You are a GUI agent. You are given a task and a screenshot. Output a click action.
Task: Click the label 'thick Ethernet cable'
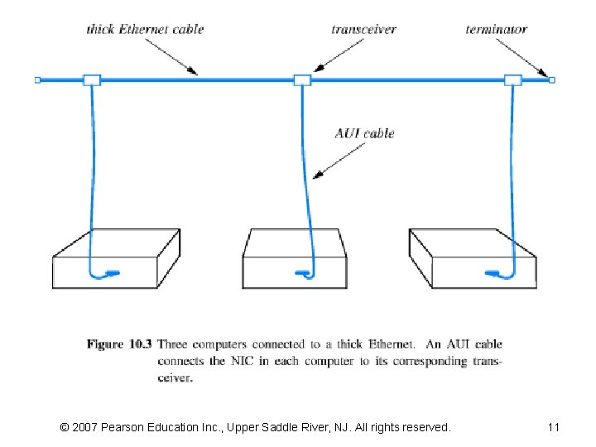pos(145,30)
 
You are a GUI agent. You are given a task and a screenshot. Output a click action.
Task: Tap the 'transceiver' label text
pos(363,30)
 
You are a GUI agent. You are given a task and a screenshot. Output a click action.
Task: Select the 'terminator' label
pos(496,30)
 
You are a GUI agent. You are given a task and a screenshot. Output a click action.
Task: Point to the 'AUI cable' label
pos(364,133)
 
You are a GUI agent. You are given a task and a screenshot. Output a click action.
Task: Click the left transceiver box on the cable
pos(91,80)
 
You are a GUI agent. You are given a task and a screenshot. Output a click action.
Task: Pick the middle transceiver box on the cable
pos(302,80)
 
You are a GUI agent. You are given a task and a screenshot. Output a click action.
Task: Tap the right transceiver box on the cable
pos(512,80)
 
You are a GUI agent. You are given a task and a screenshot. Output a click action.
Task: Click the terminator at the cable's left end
pos(37,80)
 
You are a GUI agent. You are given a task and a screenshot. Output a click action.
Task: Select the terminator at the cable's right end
pos(552,80)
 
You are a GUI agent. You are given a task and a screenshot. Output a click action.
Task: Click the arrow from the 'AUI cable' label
pos(339,159)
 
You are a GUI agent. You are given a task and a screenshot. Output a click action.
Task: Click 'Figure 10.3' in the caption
pos(119,344)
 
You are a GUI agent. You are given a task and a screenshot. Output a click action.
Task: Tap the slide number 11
pos(554,427)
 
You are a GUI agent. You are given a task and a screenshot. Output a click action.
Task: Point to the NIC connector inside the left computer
pos(110,272)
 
